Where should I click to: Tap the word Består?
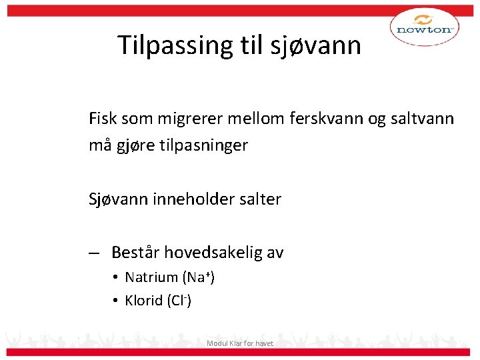(135, 253)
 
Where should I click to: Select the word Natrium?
(151, 277)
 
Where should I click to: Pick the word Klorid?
(144, 301)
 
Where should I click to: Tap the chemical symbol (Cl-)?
(179, 301)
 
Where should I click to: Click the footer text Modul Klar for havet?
(240, 343)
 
